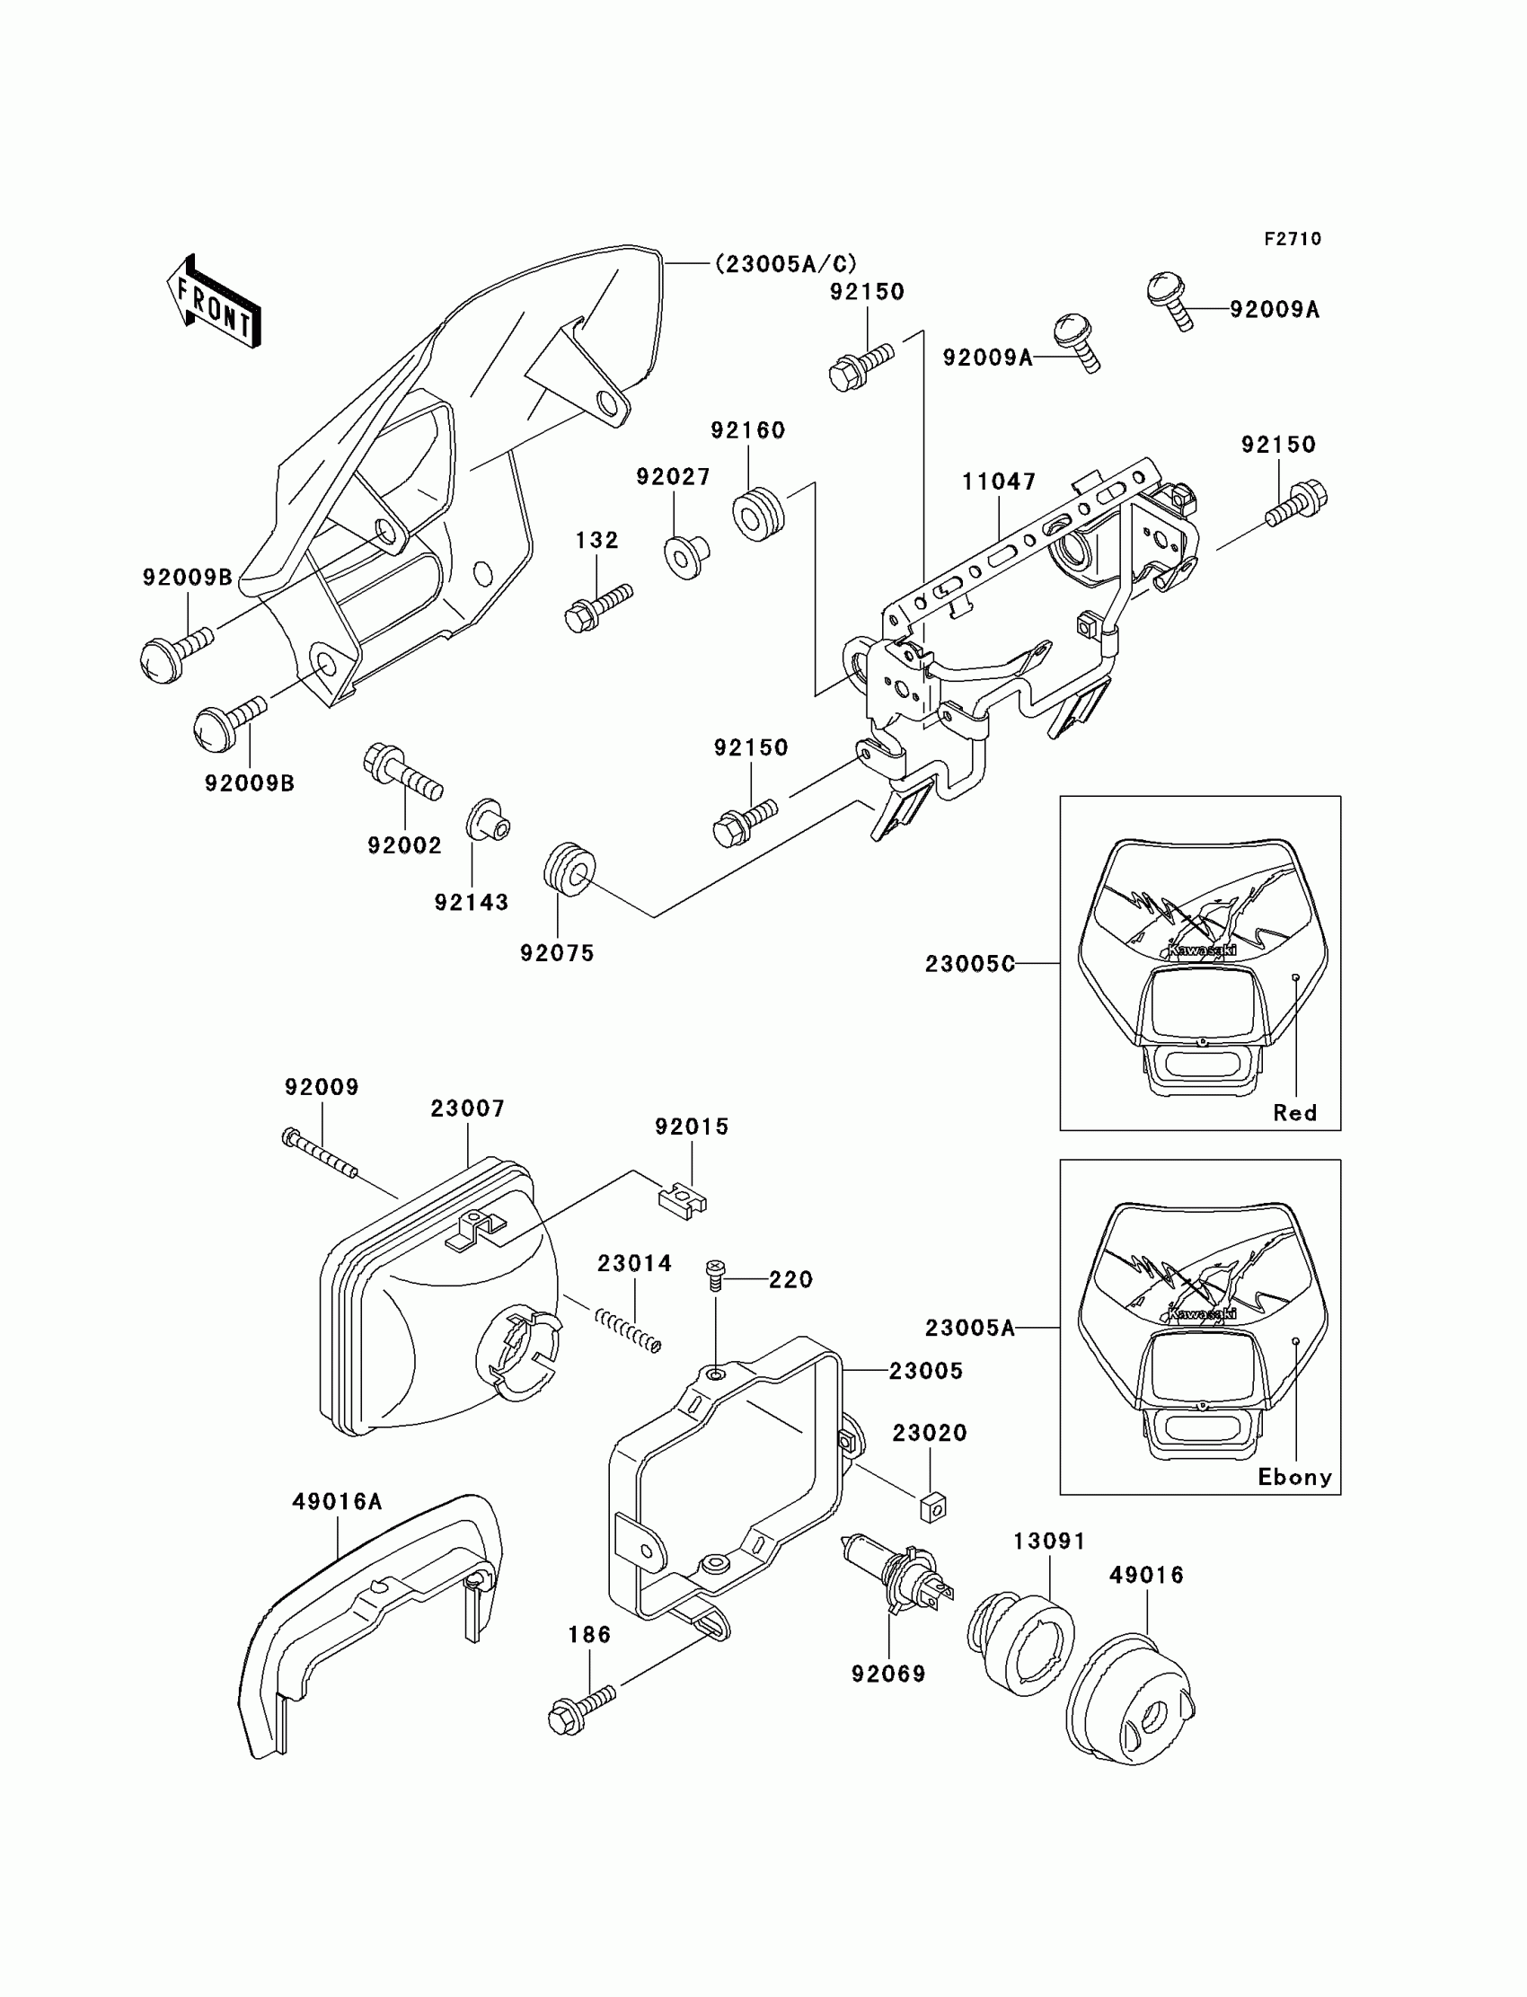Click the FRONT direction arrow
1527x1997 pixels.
click(215, 303)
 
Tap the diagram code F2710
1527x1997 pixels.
click(1293, 239)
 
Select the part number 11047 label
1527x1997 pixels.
click(999, 482)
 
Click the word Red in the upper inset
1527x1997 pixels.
click(1294, 1112)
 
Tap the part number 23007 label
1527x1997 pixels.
click(467, 1109)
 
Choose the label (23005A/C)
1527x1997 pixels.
click(785, 263)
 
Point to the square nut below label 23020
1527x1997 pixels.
click(932, 1507)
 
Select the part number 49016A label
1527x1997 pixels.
click(336, 1502)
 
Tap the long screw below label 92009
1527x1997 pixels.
click(319, 1153)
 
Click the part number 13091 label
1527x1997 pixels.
click(1050, 1542)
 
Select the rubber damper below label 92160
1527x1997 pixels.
click(757, 515)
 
